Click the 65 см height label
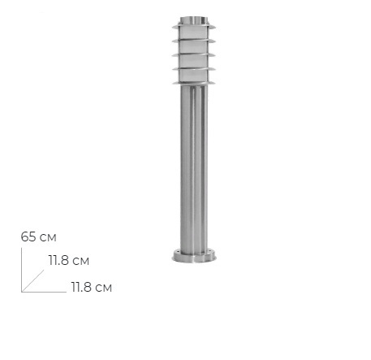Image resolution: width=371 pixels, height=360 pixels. click(39, 237)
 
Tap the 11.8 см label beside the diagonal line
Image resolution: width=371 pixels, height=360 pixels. click(69, 261)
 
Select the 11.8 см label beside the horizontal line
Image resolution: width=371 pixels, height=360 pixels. click(92, 287)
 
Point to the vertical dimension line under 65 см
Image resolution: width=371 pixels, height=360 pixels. click(22, 270)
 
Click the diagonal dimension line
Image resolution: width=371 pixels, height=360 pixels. click(32, 281)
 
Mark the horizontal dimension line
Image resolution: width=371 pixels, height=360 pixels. click(44, 292)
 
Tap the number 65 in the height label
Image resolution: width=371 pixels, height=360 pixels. click(28, 237)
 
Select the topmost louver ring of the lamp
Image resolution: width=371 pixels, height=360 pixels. click(194, 27)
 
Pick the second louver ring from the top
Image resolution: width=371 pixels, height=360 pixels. click(194, 41)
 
